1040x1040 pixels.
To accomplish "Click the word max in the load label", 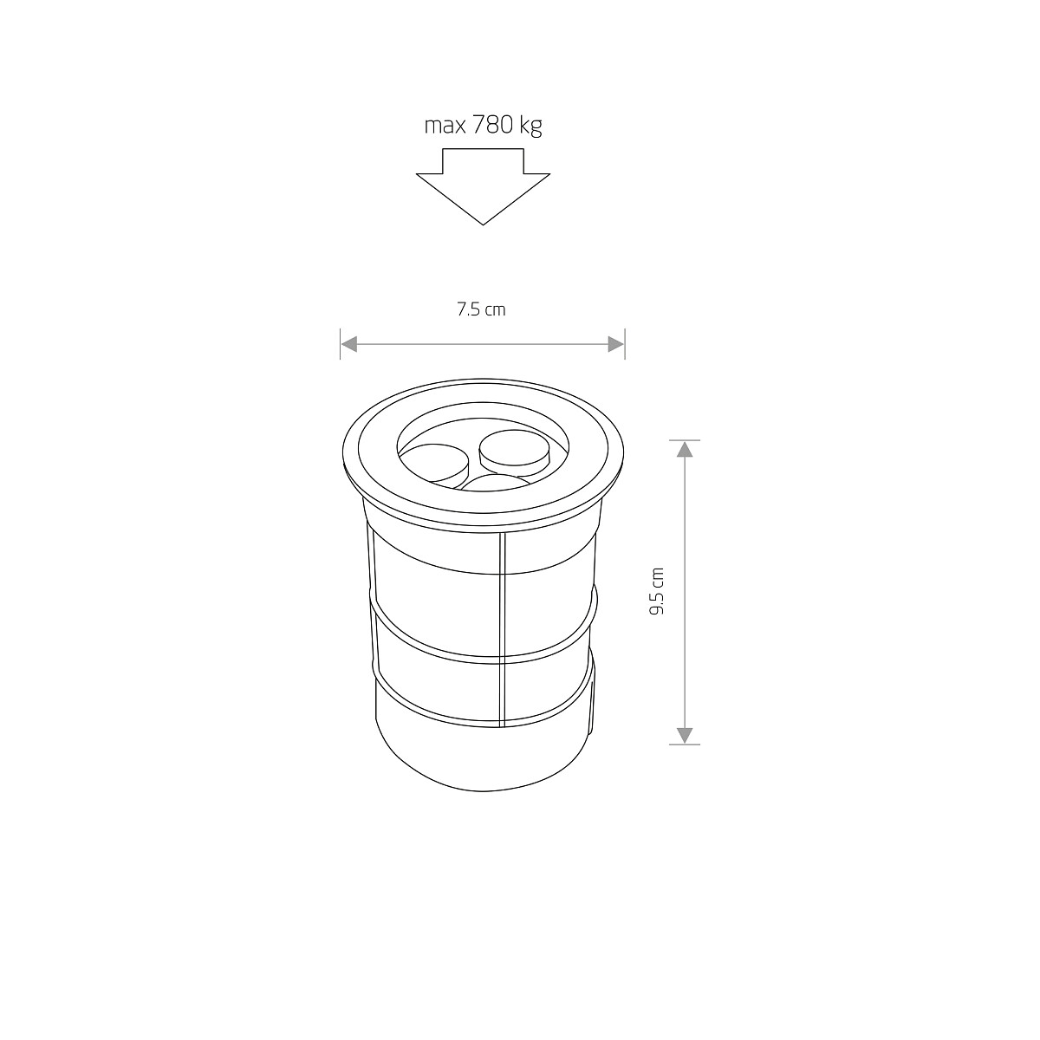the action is tap(445, 127).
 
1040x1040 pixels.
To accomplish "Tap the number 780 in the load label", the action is tap(493, 125).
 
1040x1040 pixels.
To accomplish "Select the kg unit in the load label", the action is tap(530, 127).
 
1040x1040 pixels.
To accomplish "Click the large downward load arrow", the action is tap(483, 186).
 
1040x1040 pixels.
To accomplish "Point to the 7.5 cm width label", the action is tap(481, 309).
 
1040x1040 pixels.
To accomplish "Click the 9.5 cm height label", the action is tap(657, 592).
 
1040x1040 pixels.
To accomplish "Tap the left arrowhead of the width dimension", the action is tap(349, 344).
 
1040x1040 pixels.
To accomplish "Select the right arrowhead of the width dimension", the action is tap(616, 344).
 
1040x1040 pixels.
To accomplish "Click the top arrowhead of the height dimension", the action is tap(685, 449).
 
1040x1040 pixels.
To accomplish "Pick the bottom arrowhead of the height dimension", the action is tap(685, 736).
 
